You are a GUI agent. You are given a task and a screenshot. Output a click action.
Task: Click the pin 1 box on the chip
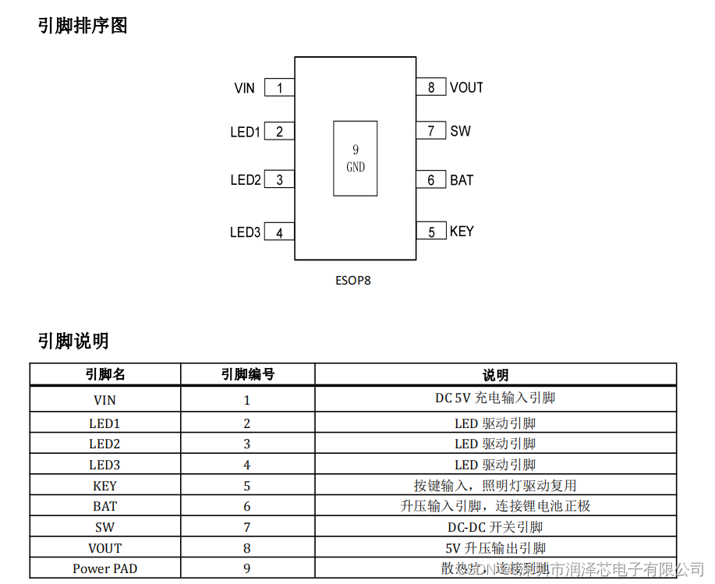279,88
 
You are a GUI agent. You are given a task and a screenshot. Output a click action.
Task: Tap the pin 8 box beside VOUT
430,87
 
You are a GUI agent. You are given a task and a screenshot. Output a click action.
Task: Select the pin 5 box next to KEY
430,232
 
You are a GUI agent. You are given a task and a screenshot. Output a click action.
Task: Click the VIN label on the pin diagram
244,88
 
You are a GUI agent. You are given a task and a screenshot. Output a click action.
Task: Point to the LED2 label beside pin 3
245,180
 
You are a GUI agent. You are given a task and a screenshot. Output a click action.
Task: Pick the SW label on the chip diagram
460,131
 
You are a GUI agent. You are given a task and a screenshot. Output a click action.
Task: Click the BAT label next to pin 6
462,180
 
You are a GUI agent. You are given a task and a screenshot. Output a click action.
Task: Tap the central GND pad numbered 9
356,158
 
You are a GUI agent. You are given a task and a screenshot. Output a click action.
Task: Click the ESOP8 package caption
353,280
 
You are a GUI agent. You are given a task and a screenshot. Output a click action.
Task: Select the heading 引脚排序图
82,26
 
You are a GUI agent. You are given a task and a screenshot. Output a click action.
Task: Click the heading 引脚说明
73,341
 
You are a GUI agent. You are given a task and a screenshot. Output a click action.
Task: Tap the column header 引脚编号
247,375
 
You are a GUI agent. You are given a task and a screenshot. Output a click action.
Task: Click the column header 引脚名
105,375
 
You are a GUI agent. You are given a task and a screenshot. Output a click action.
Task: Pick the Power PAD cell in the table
105,568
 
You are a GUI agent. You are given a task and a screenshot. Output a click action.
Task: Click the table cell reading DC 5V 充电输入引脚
495,398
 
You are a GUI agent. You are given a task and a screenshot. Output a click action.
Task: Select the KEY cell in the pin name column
105,486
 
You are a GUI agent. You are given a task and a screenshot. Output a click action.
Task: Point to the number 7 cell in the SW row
247,527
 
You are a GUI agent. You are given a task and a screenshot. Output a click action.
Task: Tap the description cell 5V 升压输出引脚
495,548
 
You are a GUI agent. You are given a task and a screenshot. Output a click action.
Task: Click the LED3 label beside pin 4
245,232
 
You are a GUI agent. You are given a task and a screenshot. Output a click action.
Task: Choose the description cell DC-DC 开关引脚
495,527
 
